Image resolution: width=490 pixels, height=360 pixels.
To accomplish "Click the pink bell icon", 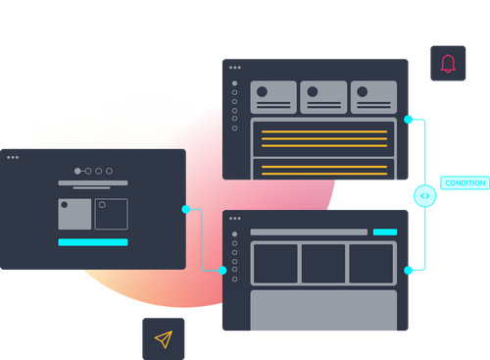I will [x=448, y=64].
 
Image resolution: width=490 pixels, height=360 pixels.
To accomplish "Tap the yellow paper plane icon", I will [x=163, y=338].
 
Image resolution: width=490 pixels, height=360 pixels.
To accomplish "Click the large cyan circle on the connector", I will [x=424, y=196].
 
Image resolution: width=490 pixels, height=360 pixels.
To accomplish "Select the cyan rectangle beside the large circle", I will [x=465, y=182].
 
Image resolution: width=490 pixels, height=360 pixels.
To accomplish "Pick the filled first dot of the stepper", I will [x=77, y=171].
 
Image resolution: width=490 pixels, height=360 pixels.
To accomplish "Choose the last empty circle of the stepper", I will [x=109, y=171].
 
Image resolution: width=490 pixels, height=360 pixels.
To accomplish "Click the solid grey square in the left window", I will [x=74, y=215].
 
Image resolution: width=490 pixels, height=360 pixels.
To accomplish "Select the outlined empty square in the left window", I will [x=111, y=215].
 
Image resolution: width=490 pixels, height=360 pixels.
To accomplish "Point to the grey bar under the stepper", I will [x=93, y=182].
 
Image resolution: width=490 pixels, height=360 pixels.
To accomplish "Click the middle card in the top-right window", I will [x=324, y=97].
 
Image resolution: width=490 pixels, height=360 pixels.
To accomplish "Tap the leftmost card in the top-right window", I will [x=273, y=97].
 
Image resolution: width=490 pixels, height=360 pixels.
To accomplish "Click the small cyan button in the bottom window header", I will [x=385, y=232].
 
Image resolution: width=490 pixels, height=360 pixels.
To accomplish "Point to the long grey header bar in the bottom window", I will [x=309, y=232].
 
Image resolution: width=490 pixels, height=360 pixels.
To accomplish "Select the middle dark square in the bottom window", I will [x=324, y=263].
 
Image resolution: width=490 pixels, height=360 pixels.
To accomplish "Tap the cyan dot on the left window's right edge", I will [x=186, y=209].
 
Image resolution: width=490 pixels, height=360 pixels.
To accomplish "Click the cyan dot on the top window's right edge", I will [x=409, y=120].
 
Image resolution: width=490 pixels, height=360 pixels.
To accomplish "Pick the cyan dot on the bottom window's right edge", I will [x=409, y=270].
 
